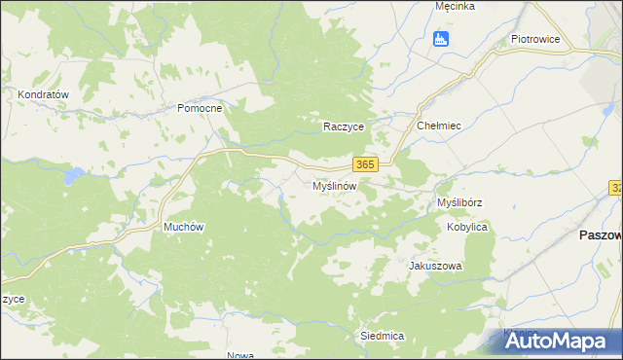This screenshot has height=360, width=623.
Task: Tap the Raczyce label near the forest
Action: tap(344, 127)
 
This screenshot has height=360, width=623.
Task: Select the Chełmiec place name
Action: tap(438, 126)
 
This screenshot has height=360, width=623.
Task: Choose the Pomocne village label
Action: tap(200, 108)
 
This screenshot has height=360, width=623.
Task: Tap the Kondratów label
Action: tap(42, 94)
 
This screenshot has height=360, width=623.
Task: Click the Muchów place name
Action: tap(183, 227)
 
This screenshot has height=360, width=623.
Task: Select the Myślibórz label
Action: tap(460, 202)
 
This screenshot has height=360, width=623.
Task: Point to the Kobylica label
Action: tap(467, 227)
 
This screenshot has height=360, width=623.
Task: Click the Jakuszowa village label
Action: tap(435, 266)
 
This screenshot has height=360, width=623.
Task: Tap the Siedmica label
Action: tap(382, 335)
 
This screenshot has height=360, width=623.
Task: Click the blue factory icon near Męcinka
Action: tap(441, 39)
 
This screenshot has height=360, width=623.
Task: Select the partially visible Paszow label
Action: tap(600, 235)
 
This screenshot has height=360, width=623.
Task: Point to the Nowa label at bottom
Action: tap(239, 355)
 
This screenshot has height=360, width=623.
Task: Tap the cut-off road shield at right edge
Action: tap(617, 187)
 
